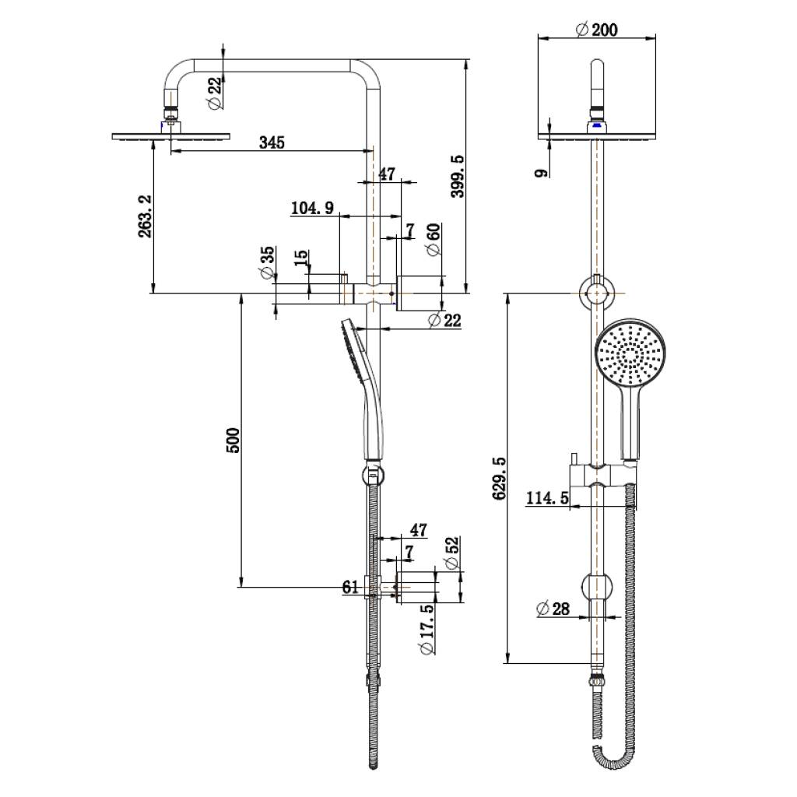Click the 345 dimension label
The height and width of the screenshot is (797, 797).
[272, 142]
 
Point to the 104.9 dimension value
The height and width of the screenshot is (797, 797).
[312, 208]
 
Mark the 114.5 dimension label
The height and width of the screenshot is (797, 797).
[547, 498]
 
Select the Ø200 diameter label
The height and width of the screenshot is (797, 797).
[596, 30]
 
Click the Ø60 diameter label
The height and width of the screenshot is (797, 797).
[434, 238]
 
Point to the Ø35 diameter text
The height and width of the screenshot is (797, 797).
[267, 262]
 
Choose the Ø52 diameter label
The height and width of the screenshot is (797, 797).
[449, 552]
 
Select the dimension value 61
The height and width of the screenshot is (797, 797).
[350, 587]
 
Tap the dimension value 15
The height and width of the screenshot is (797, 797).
[301, 258]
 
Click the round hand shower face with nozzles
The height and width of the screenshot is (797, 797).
[628, 353]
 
